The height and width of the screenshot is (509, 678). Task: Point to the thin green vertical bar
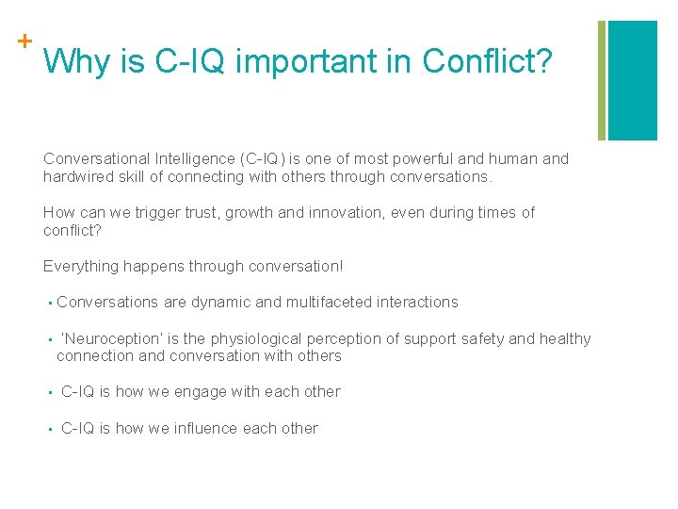pyautogui.click(x=603, y=80)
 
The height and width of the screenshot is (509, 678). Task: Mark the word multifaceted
pyautogui.click(x=327, y=303)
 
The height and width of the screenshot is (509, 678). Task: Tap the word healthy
pyautogui.click(x=565, y=338)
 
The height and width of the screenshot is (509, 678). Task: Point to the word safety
pyautogui.click(x=486, y=338)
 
